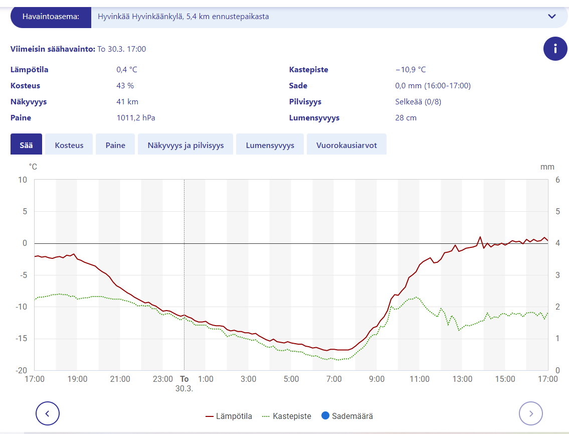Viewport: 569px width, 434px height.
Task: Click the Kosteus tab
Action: [69, 146]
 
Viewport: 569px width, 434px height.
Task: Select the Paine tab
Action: [115, 146]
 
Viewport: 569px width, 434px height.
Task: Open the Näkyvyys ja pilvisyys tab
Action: [185, 146]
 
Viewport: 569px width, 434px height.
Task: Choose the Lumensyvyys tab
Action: [270, 146]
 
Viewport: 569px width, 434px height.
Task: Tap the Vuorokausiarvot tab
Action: [346, 146]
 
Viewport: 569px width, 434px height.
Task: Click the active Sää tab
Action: [26, 146]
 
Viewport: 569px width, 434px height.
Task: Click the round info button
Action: [555, 49]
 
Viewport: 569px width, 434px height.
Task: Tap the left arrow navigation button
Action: [48, 413]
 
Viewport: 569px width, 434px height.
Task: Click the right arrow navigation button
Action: [531, 413]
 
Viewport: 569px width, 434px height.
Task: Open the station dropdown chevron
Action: [552, 16]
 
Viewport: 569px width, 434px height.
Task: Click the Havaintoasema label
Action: [51, 17]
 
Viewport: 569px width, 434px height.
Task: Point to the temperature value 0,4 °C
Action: [127, 70]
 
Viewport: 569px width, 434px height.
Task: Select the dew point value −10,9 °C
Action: [410, 70]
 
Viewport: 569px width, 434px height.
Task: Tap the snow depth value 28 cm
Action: [406, 118]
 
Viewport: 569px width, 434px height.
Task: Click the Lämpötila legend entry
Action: [229, 416]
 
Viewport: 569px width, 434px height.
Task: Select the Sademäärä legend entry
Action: [347, 416]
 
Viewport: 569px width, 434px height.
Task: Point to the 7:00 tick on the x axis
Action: [334, 379]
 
